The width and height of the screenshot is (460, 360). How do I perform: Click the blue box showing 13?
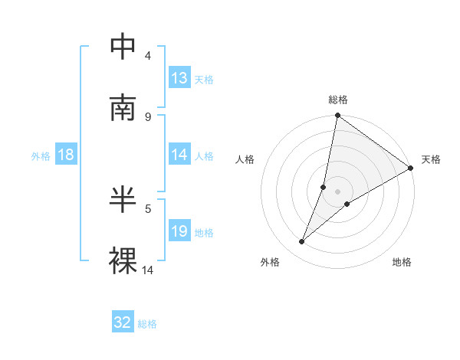[x=179, y=78]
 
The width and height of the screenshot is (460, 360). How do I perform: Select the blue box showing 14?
[x=179, y=155]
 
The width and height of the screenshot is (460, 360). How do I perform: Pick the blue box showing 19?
[x=179, y=231]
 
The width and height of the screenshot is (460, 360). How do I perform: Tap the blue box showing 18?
[x=66, y=155]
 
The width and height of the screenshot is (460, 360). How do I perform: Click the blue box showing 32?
[x=123, y=322]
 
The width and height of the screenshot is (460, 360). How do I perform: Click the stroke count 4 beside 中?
[x=148, y=55]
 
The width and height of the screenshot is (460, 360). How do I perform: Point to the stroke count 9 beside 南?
[x=148, y=116]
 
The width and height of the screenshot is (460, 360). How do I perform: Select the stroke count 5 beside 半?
[x=148, y=208]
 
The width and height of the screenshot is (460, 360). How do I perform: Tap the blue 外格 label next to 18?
[x=41, y=155]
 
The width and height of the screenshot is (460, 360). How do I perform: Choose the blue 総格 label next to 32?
[x=147, y=323]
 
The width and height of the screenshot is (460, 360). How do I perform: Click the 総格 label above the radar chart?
[x=338, y=100]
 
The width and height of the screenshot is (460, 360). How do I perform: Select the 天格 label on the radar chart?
[x=431, y=159]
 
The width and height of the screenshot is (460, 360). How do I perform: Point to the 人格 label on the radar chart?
[x=245, y=159]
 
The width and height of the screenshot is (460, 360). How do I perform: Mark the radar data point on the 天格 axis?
[x=411, y=168]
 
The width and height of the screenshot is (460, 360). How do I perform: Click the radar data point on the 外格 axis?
[x=302, y=242]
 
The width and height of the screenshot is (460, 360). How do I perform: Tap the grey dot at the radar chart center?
[x=338, y=191]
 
